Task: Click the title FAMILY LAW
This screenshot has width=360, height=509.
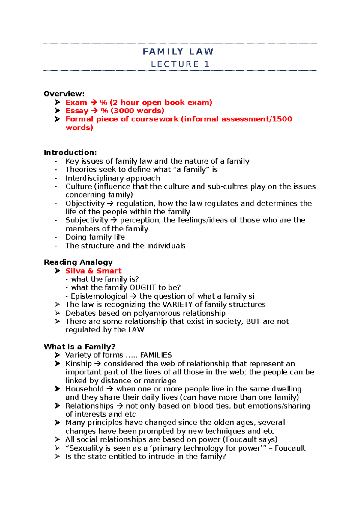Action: [178, 52]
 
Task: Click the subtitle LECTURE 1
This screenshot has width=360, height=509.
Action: [180, 64]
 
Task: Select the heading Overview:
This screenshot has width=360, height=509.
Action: [64, 94]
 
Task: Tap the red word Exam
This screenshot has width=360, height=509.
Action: [76, 103]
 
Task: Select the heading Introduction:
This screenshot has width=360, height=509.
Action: [70, 153]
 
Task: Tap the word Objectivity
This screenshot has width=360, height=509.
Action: [85, 204]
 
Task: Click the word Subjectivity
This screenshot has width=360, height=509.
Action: [87, 220]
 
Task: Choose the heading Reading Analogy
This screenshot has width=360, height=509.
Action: [78, 262]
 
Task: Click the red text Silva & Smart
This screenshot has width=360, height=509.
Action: [93, 271]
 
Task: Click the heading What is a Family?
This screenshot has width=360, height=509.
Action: [79, 347]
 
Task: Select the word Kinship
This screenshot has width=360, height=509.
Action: [79, 364]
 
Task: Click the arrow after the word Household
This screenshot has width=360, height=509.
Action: [110, 389]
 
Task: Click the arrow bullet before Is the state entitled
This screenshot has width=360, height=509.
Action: [57, 457]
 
